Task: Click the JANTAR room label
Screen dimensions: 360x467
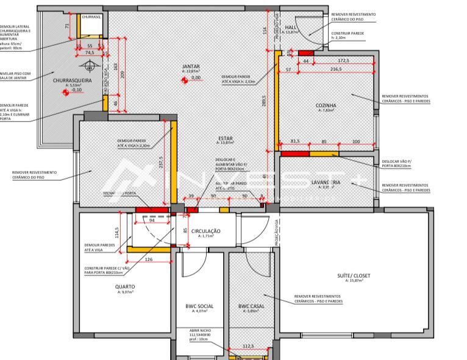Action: pyautogui.click(x=191, y=67)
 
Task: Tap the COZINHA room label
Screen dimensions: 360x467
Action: pyautogui.click(x=326, y=105)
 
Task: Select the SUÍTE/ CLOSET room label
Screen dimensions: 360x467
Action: pyautogui.click(x=354, y=275)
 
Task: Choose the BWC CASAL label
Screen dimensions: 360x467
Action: pyautogui.click(x=251, y=306)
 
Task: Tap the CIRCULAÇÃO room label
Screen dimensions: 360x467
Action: pyautogui.click(x=205, y=231)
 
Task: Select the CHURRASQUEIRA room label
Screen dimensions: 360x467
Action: pyautogui.click(x=72, y=80)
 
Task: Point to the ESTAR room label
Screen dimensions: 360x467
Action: pyautogui.click(x=225, y=139)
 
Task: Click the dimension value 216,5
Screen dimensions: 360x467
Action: pyautogui.click(x=335, y=70)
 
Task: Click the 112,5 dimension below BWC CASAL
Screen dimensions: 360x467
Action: pyautogui.click(x=248, y=345)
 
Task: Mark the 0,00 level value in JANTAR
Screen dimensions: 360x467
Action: pyautogui.click(x=196, y=78)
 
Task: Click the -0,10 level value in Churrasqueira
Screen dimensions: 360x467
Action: pyautogui.click(x=77, y=90)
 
